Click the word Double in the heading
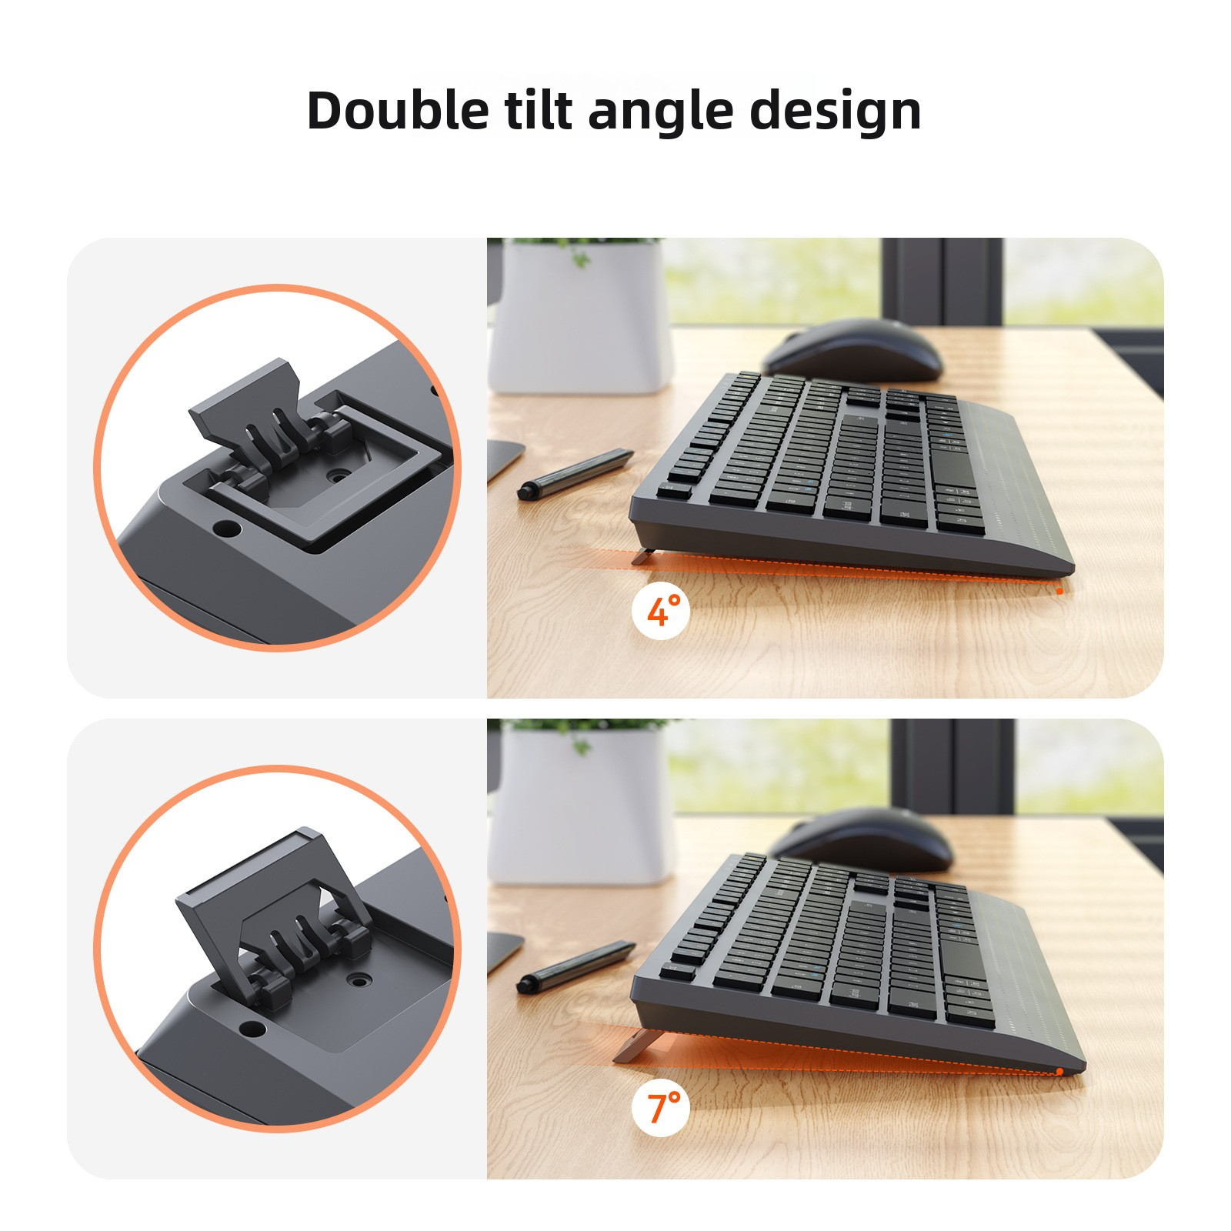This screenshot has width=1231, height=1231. pos(398,110)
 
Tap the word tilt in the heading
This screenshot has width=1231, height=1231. pos(539,110)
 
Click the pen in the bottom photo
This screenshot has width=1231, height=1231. pos(575,965)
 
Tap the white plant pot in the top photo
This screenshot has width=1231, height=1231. pos(581,315)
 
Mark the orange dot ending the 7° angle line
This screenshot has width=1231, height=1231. pos(1059,1072)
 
